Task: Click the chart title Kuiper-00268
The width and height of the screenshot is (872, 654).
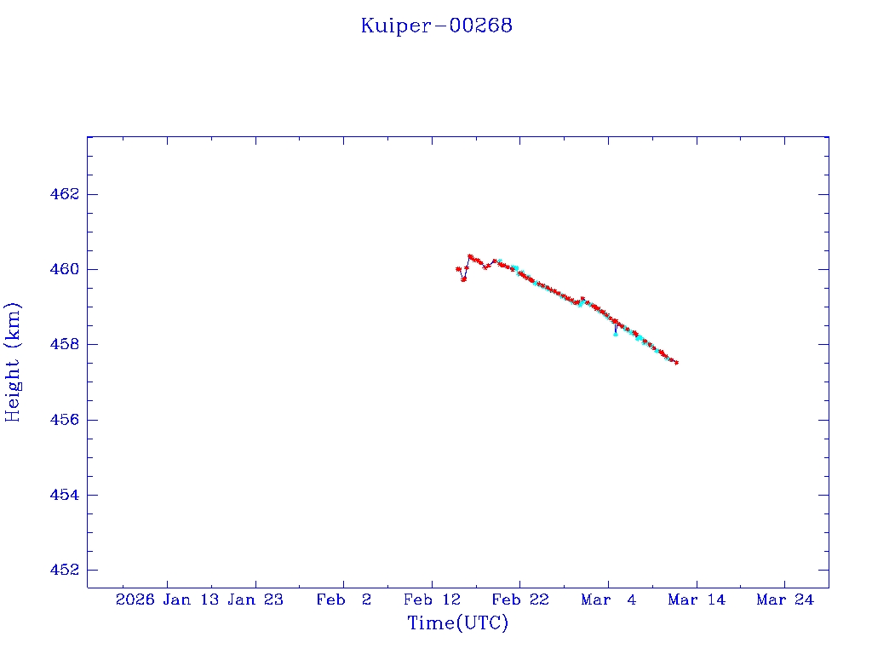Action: [436, 26]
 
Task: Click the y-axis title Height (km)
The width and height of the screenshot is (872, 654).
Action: [13, 362]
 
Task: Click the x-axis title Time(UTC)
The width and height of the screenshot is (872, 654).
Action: [458, 623]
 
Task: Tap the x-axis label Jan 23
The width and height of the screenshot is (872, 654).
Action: [256, 599]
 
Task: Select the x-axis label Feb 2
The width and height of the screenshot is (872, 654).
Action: [344, 599]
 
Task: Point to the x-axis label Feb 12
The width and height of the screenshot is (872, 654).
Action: [433, 599]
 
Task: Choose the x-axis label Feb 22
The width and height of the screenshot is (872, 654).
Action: [520, 599]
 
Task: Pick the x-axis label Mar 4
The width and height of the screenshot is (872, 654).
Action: [608, 599]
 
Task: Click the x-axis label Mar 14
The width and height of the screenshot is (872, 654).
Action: [697, 599]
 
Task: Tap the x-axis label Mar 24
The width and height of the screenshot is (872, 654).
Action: [784, 599]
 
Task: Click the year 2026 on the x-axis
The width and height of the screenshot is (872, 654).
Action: [135, 599]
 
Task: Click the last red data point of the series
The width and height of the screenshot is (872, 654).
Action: [676, 363]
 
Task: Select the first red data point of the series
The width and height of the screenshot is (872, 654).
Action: [458, 269]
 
